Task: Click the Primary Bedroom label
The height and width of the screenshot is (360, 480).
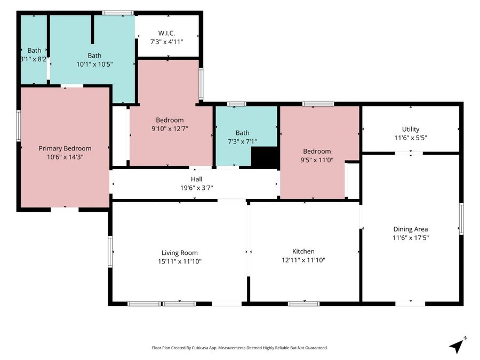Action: pyautogui.click(x=65, y=148)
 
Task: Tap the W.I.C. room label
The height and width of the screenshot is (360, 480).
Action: pyautogui.click(x=166, y=33)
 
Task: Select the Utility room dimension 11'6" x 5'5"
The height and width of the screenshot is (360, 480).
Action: pyautogui.click(x=411, y=138)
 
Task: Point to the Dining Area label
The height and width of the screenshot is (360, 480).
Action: pyautogui.click(x=411, y=229)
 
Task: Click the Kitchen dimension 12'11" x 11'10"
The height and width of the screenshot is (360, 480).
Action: pyautogui.click(x=303, y=260)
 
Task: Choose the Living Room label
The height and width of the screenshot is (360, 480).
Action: pyautogui.click(x=180, y=253)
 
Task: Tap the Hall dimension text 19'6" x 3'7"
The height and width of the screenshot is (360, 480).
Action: pyautogui.click(x=196, y=188)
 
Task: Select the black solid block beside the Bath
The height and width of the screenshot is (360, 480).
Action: pyautogui.click(x=265, y=157)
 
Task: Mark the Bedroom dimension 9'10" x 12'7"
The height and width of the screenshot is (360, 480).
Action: pyautogui.click(x=170, y=129)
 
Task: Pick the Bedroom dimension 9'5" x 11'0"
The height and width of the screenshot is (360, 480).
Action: pyautogui.click(x=317, y=160)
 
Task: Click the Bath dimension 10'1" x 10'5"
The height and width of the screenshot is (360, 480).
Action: pyautogui.click(x=94, y=65)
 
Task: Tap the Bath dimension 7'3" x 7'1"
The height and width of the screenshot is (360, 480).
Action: pyautogui.click(x=243, y=141)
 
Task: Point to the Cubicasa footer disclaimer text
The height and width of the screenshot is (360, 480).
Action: pyautogui.click(x=240, y=348)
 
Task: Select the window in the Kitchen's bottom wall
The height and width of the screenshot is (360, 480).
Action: pyautogui.click(x=303, y=303)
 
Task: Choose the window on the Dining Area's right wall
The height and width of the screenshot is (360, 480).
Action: pyautogui.click(x=461, y=219)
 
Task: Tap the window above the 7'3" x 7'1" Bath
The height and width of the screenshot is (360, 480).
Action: pyautogui.click(x=236, y=104)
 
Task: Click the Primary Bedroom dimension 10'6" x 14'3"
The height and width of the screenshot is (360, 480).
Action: pyautogui.click(x=65, y=157)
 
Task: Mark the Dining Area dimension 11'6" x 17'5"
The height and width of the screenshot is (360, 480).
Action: pyautogui.click(x=411, y=237)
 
